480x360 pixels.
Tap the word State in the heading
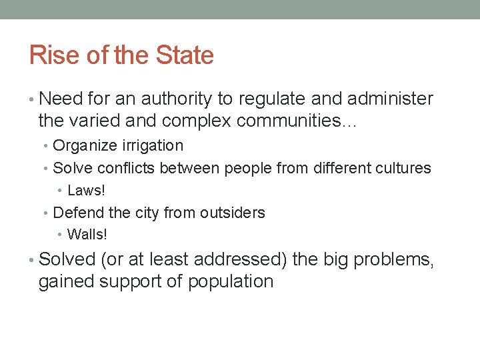(x=185, y=55)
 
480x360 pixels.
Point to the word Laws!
(x=87, y=191)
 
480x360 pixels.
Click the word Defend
(x=76, y=213)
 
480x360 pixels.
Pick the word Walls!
(x=87, y=235)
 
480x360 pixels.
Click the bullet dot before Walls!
(x=60, y=235)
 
